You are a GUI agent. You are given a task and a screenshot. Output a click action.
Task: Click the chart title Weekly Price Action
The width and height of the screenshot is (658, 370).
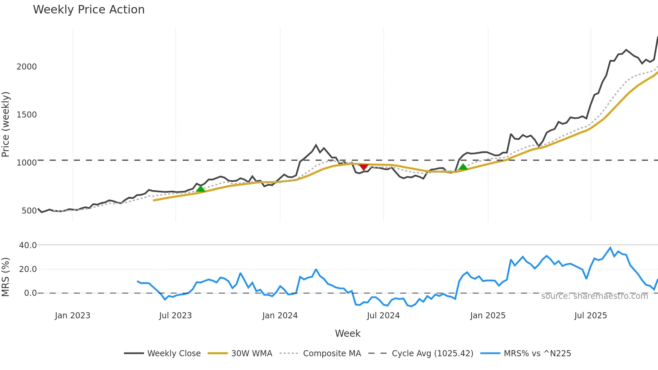(x=89, y=10)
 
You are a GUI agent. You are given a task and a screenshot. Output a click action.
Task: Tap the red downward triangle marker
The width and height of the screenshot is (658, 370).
(x=364, y=167)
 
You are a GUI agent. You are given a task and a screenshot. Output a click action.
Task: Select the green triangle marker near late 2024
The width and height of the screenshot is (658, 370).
(x=463, y=167)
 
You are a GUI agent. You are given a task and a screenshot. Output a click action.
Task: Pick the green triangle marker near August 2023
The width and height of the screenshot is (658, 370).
(x=200, y=189)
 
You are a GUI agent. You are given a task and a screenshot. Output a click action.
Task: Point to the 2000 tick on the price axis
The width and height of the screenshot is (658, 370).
(x=27, y=67)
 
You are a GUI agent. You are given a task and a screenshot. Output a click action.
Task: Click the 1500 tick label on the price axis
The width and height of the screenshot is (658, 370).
(x=27, y=115)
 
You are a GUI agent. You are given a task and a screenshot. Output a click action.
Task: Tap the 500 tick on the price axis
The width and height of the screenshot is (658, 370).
(x=29, y=211)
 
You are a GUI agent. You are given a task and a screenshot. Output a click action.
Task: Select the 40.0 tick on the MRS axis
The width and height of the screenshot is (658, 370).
(x=28, y=245)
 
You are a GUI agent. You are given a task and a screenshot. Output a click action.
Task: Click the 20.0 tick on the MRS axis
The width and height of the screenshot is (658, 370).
(x=28, y=269)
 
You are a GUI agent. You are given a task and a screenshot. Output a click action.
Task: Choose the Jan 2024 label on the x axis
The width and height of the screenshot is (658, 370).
(x=280, y=316)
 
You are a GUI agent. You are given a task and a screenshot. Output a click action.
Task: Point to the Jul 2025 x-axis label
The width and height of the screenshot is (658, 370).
(x=591, y=316)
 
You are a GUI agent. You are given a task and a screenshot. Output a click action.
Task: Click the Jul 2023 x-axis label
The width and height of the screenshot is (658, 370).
(x=175, y=316)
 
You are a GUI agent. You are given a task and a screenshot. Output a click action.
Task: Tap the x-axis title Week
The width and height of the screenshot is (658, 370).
(x=347, y=334)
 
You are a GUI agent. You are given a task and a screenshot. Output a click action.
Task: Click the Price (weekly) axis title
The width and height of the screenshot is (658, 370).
(x=6, y=124)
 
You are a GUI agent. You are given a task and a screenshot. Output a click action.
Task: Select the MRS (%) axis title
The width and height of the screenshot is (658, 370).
(x=6, y=277)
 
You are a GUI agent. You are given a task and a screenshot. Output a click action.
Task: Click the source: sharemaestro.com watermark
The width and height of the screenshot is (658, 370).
(x=594, y=296)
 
